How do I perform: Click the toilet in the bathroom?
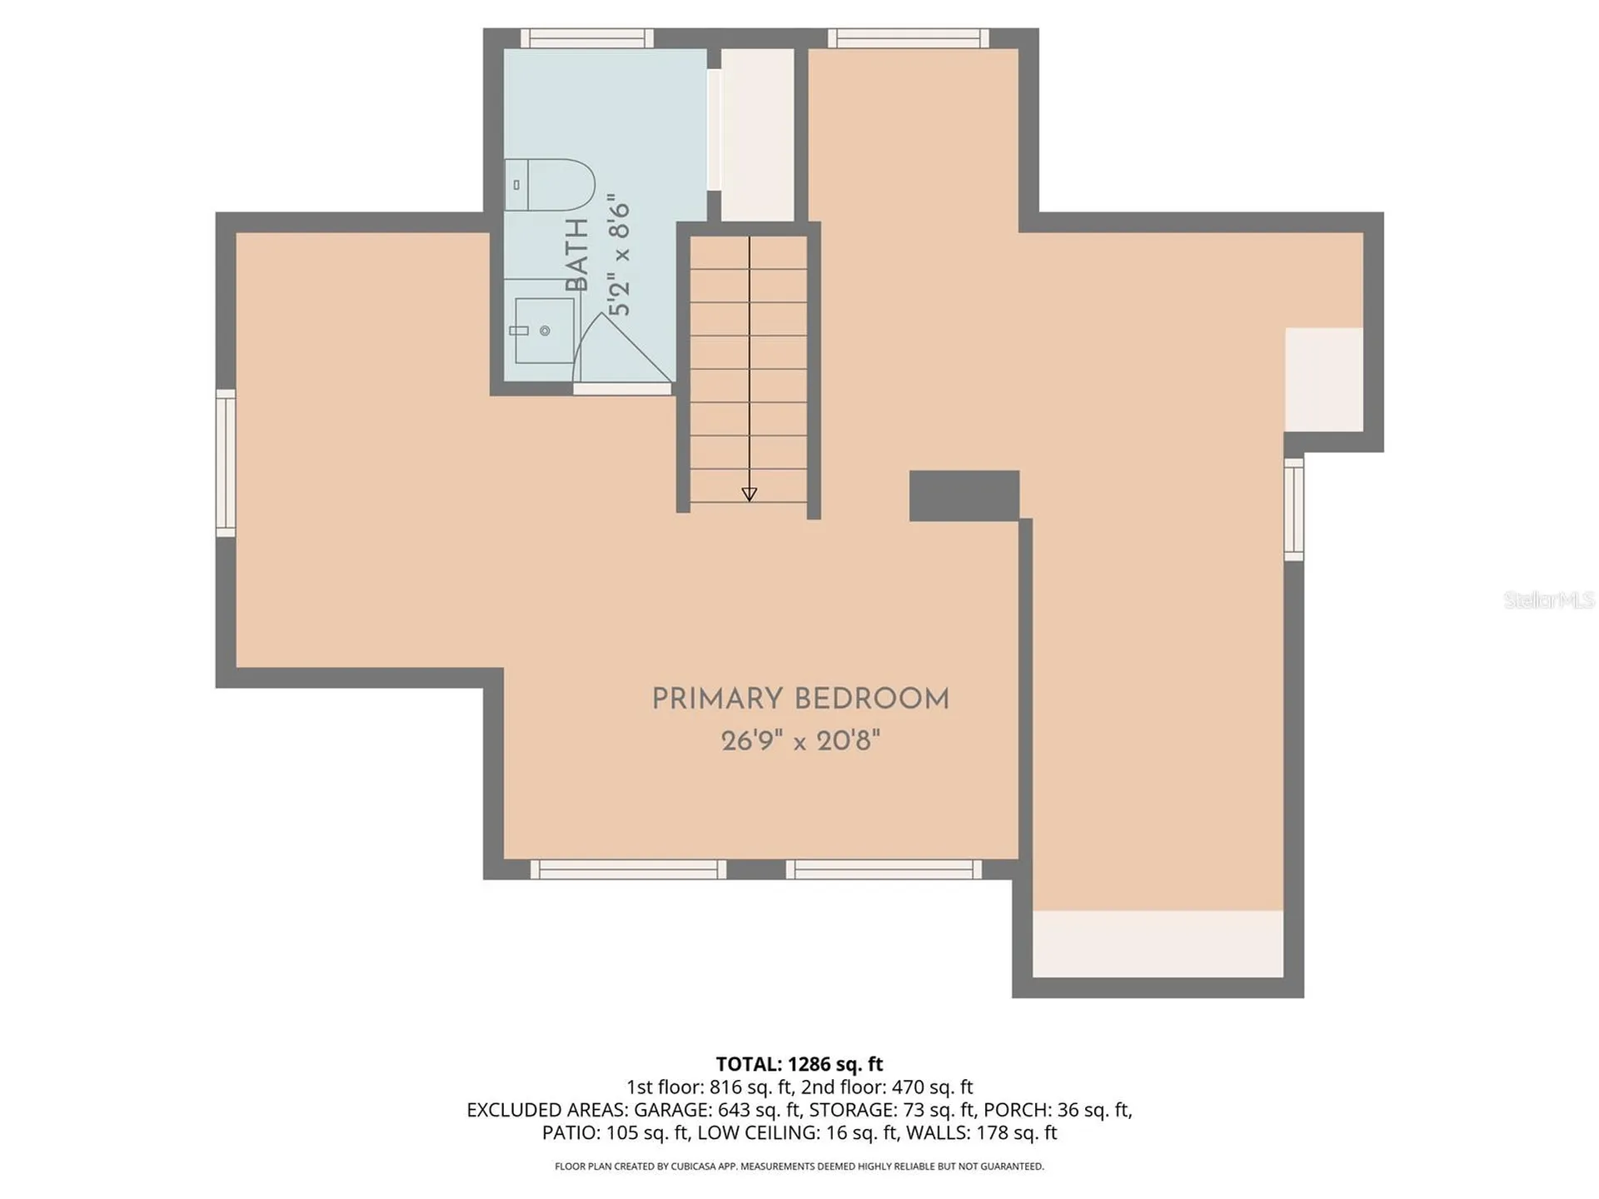coord(550,184)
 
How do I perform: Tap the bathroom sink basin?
coord(545,331)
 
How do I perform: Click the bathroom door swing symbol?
coord(623,348)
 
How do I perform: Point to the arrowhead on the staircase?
coord(749,494)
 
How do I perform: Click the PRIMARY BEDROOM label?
coord(800,699)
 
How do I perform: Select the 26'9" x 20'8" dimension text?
coord(800,740)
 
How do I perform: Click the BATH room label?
coord(576,255)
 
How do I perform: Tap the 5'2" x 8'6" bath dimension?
coord(619,255)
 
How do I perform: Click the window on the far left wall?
coord(226,463)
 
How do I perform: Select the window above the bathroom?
coord(587,38)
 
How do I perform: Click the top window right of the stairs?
coord(909,38)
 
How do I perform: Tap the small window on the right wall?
coord(1293,509)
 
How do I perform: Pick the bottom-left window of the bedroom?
coord(628,869)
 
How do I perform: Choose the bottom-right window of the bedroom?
coord(884,869)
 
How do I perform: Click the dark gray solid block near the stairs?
coord(964,495)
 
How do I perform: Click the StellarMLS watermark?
coord(1549,599)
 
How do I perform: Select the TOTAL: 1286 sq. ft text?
coord(799,1064)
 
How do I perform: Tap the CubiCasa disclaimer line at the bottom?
coord(799,1167)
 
